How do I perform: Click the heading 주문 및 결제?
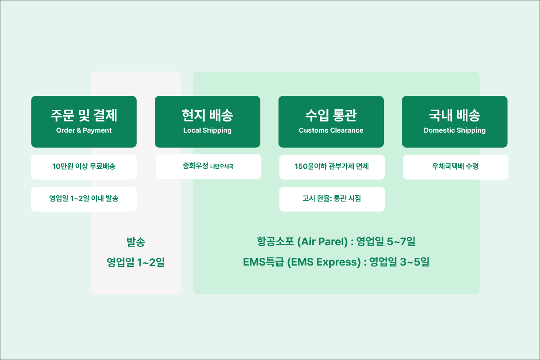pos(84,115)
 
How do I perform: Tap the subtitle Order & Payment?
pos(84,130)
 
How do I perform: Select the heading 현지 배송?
pos(207,115)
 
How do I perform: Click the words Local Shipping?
pos(207,130)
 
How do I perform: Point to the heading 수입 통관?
pos(331,115)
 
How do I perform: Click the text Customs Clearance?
pos(331,130)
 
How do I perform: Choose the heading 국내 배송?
pos(454,115)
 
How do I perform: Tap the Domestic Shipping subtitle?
pos(454,130)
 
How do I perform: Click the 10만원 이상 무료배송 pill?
pos(84,167)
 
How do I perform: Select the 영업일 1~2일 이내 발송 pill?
pos(84,199)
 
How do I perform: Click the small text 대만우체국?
pos(222,166)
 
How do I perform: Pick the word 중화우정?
pos(195,166)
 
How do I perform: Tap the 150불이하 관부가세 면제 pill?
pos(332,167)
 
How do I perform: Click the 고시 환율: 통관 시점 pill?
pos(332,199)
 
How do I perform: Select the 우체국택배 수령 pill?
pos(455,167)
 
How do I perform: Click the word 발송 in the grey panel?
pos(136,242)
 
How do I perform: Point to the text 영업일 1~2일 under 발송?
pos(136,262)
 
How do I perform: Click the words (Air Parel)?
pos(323,242)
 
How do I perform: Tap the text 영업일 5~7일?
pos(386,242)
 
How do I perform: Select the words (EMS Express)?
pos(324,262)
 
